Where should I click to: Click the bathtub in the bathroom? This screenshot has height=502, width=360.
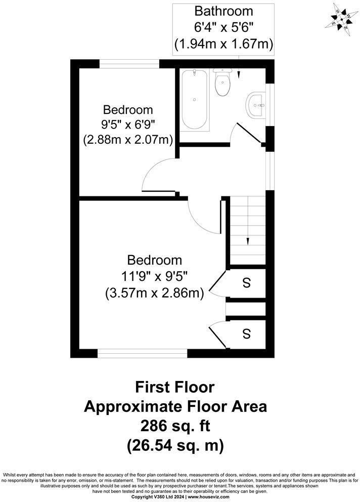(x=194, y=100)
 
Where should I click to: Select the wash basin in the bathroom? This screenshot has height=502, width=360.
(x=256, y=106)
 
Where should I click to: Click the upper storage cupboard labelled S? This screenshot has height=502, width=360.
(x=246, y=283)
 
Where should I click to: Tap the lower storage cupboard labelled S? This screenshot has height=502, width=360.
(x=246, y=334)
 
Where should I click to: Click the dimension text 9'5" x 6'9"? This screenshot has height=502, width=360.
(x=128, y=124)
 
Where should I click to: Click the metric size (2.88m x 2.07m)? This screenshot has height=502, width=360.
(x=128, y=139)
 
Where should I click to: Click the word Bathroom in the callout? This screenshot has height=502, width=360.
(x=223, y=11)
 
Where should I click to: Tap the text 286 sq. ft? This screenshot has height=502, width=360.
(x=174, y=426)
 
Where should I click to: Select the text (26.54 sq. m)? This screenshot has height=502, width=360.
(x=174, y=446)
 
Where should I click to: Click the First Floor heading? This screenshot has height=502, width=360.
(x=174, y=387)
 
